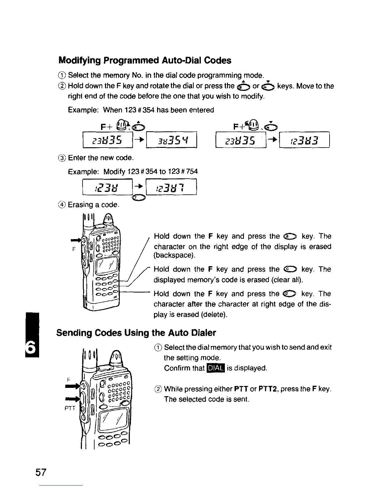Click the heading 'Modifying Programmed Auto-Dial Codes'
click(x=145, y=61)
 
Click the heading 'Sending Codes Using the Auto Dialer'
click(x=136, y=333)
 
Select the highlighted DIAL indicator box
click(x=217, y=368)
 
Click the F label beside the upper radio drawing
click(x=74, y=250)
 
